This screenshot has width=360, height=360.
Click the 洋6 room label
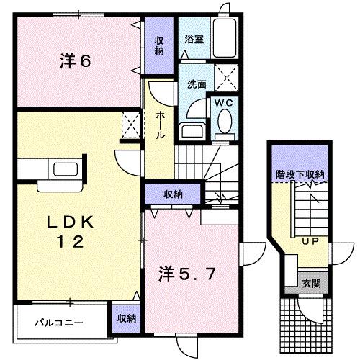click(75, 62)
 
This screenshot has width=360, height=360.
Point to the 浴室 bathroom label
click(192, 40)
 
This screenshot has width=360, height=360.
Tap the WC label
click(223, 103)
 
